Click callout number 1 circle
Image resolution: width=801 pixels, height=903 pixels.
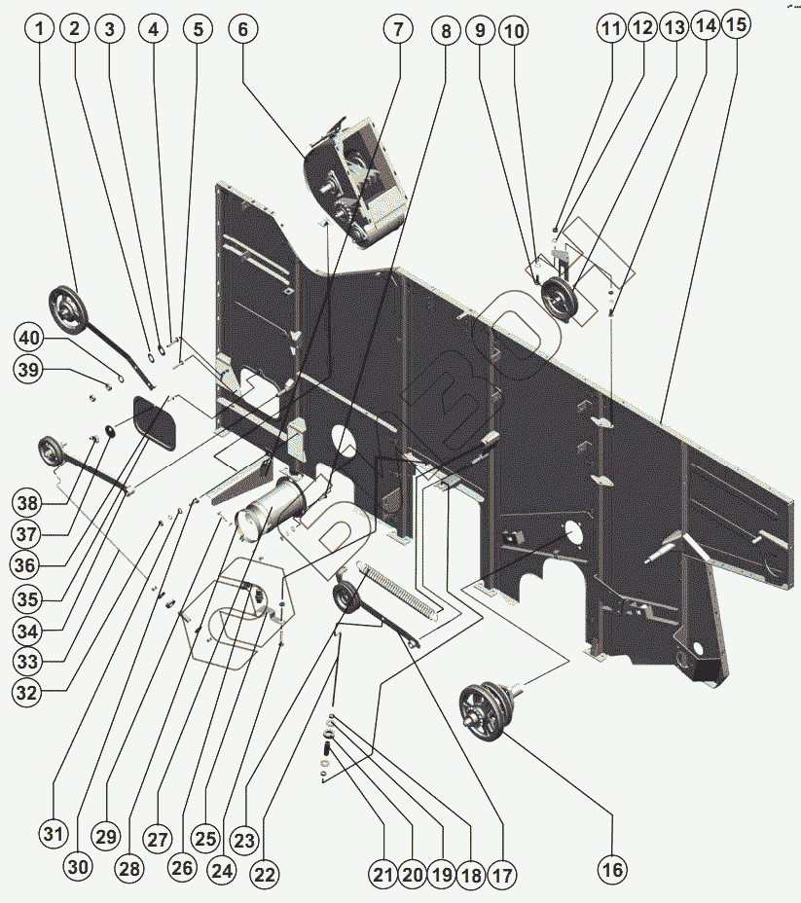[x=40, y=29]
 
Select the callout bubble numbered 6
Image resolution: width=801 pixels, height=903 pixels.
[x=243, y=29]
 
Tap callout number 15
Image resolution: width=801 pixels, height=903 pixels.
[x=738, y=25]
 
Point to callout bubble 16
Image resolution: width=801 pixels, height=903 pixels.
[x=612, y=869]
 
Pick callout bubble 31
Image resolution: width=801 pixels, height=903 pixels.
[x=54, y=834]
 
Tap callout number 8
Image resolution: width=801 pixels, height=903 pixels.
[x=446, y=31]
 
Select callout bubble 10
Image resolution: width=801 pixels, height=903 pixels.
[x=514, y=31]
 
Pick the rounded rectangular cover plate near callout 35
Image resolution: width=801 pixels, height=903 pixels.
[x=156, y=423]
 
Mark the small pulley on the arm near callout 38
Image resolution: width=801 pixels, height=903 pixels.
[x=51, y=451]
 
